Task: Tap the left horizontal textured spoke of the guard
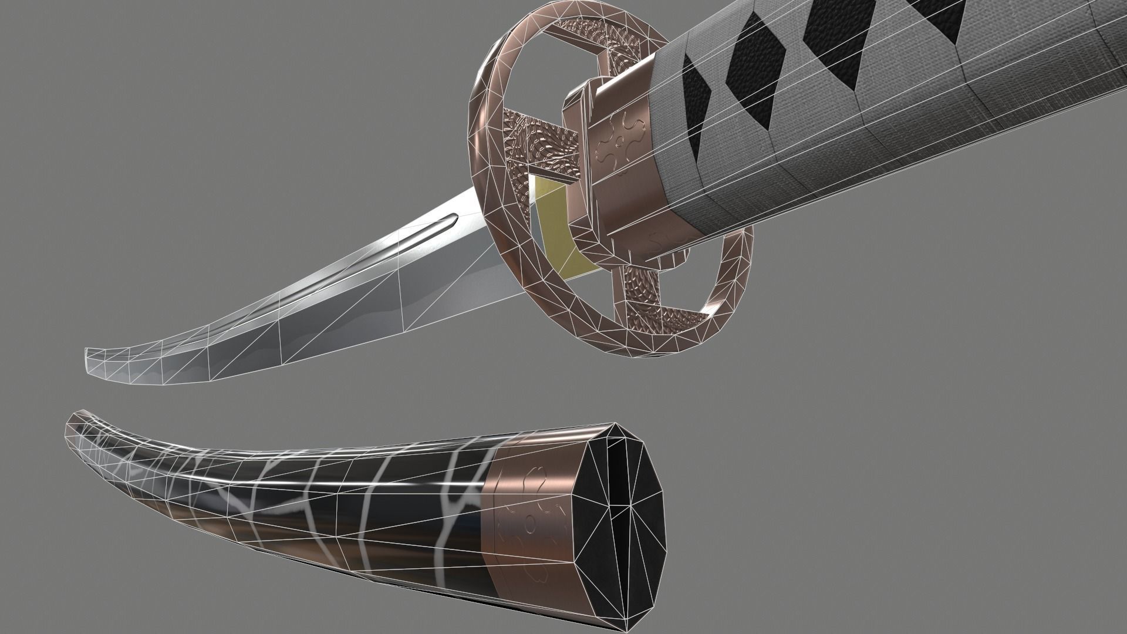click(x=531, y=141)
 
